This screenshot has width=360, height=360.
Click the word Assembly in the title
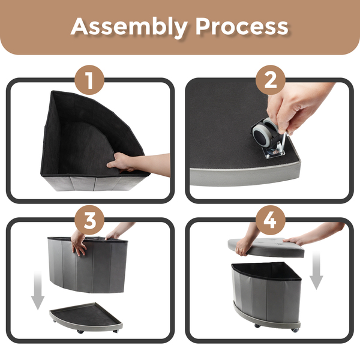129,27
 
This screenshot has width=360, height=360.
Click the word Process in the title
242,26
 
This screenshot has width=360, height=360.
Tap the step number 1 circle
89,80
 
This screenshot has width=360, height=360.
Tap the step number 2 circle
271,80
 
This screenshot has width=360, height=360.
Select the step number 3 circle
89,220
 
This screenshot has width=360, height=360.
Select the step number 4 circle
271,220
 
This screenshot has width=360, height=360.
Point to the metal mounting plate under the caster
274,152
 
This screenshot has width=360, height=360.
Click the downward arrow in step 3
38,290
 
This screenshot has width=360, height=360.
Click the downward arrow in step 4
316,270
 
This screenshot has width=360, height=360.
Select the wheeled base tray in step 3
86,317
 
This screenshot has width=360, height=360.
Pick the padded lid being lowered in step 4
266,247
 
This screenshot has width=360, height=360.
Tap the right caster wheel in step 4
295,330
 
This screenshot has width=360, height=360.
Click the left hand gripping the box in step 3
78,243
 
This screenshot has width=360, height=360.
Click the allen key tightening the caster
284,143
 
